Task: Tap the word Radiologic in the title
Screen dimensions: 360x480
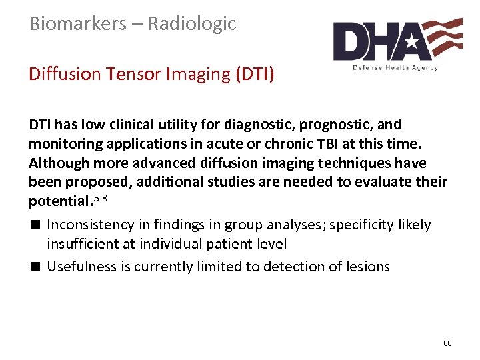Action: click(x=192, y=24)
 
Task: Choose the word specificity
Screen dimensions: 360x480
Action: click(x=359, y=225)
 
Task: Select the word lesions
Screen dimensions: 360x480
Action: click(x=368, y=267)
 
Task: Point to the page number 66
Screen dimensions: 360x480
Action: click(x=447, y=343)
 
